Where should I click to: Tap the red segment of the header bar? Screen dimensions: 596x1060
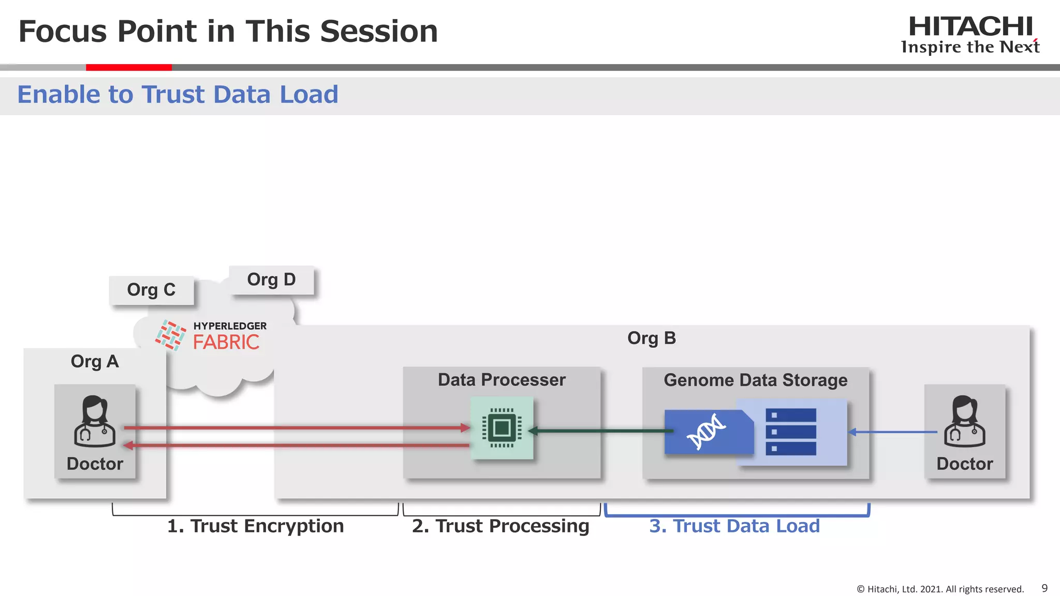click(x=128, y=67)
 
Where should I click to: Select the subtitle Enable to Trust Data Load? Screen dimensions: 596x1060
click(x=178, y=95)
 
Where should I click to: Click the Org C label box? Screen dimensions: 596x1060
click(x=151, y=290)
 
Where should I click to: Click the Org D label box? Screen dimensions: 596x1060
click(x=271, y=280)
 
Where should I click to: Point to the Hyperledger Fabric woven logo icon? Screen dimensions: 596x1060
click(x=170, y=335)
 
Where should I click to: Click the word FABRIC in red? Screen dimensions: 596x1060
click(x=226, y=342)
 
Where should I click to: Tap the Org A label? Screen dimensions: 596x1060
click(x=95, y=361)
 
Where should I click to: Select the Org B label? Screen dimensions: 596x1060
click(x=651, y=338)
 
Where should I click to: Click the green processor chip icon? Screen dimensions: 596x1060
click(x=502, y=428)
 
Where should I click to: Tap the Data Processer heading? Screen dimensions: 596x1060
click(x=502, y=380)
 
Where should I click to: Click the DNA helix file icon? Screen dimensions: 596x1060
click(x=708, y=431)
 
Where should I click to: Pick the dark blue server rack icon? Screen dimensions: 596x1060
click(x=790, y=431)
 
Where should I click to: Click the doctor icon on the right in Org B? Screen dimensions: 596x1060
click(x=964, y=421)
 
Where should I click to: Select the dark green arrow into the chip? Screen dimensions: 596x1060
click(x=600, y=430)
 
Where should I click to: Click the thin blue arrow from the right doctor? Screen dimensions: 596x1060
click(x=893, y=431)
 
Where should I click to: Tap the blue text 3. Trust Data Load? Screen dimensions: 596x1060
click(x=734, y=526)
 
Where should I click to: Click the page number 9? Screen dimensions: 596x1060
click(x=1044, y=588)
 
